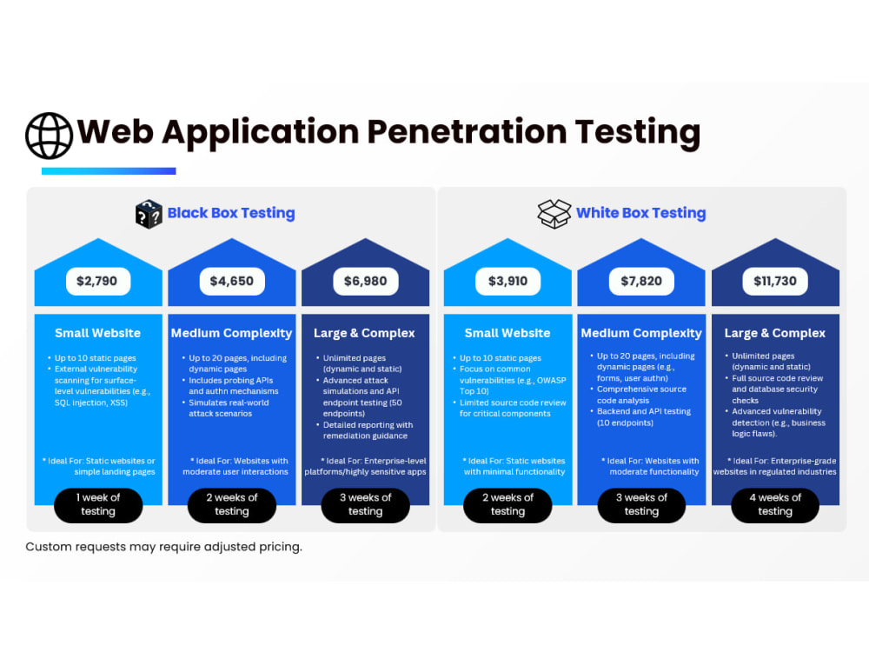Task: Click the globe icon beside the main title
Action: (x=49, y=136)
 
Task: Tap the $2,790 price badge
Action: (x=98, y=281)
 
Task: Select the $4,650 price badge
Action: (x=232, y=281)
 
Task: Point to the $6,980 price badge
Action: (x=365, y=281)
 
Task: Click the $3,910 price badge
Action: (x=507, y=281)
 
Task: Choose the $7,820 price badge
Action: (x=641, y=281)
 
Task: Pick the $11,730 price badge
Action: (x=775, y=281)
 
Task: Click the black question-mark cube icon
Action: (x=149, y=214)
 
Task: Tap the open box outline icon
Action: (x=554, y=214)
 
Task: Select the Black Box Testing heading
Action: (x=231, y=213)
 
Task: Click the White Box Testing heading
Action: (x=640, y=213)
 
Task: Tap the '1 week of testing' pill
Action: (x=98, y=505)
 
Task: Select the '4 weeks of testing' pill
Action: (x=775, y=505)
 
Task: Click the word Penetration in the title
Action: (x=467, y=132)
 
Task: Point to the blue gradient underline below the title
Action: (x=109, y=171)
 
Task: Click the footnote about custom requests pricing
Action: (x=164, y=547)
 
